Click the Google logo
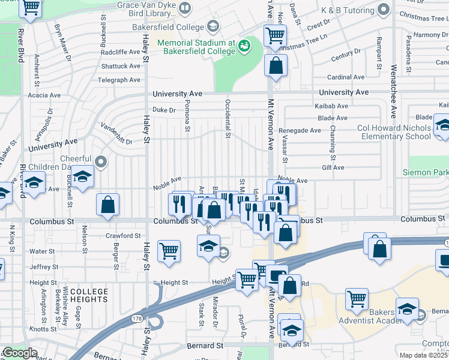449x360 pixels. pos(20,353)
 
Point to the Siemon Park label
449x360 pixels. pos(425,173)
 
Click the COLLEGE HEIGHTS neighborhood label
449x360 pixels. pos(89,295)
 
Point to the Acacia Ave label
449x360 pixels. pos(44,95)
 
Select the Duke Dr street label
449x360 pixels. pos(164,110)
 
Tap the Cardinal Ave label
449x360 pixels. pos(348,77)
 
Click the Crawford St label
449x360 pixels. pos(123,236)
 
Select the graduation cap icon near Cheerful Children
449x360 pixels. pos(82,176)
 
